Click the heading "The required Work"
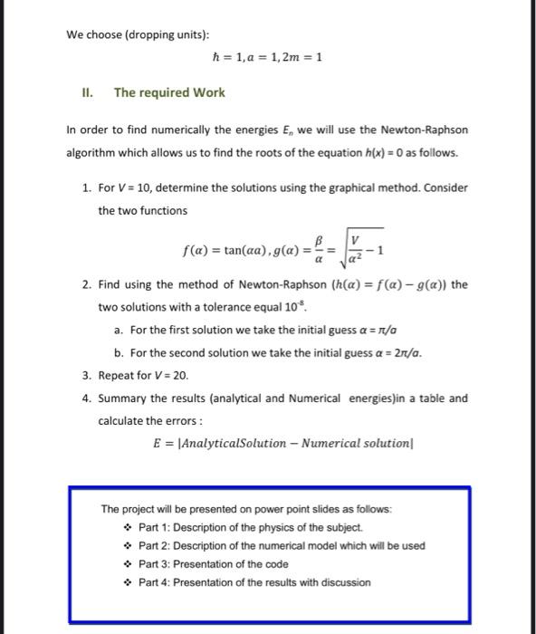168,92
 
